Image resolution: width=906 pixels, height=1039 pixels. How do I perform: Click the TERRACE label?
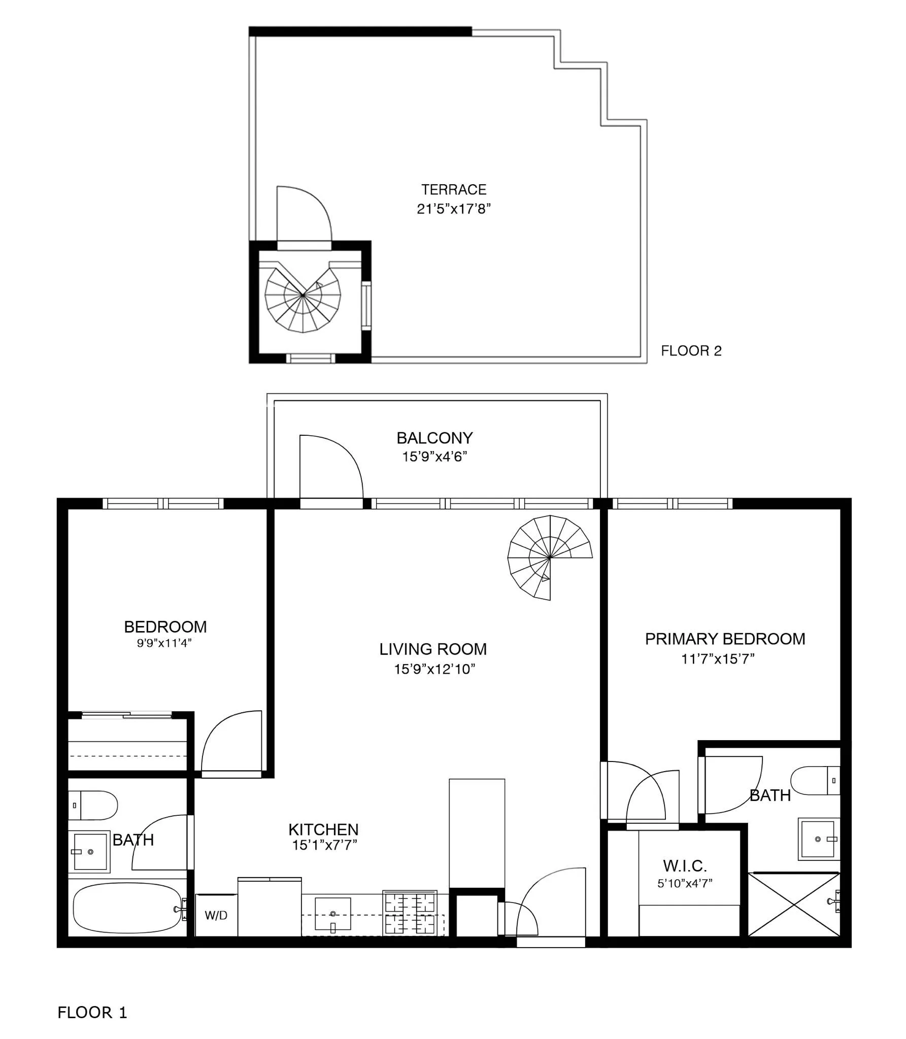[453, 190]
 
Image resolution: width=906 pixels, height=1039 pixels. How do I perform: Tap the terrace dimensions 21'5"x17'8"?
[453, 209]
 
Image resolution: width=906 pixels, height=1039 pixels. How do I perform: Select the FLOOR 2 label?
[691, 351]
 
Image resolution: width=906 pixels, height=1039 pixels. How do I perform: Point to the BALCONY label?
[434, 438]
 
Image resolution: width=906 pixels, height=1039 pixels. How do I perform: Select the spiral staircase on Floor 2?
[303, 300]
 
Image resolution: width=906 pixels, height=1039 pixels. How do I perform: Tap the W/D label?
[216, 916]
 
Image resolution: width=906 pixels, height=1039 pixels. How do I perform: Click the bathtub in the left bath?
[127, 908]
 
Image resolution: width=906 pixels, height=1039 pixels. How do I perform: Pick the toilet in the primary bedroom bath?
[815, 780]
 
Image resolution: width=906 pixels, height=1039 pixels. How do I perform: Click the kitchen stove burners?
[410, 913]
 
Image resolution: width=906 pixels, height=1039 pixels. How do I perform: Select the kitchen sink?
[333, 914]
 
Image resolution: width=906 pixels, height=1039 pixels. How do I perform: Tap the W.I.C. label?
[685, 865]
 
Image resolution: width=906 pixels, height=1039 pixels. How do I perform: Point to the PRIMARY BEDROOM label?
[725, 639]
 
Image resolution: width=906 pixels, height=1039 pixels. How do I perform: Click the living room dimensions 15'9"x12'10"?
[434, 669]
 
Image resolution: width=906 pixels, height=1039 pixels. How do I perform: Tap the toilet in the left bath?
[93, 805]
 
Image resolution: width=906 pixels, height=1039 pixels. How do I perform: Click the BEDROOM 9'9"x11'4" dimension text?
[164, 643]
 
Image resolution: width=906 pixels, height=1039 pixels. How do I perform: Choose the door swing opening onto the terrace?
[304, 215]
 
